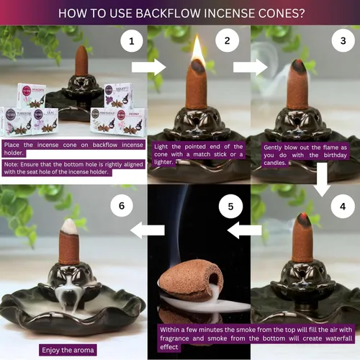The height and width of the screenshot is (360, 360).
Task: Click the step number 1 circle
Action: [131, 42]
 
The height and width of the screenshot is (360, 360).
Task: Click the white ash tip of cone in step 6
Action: [69, 225]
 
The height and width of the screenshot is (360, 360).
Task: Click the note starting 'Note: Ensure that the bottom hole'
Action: [73, 168]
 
